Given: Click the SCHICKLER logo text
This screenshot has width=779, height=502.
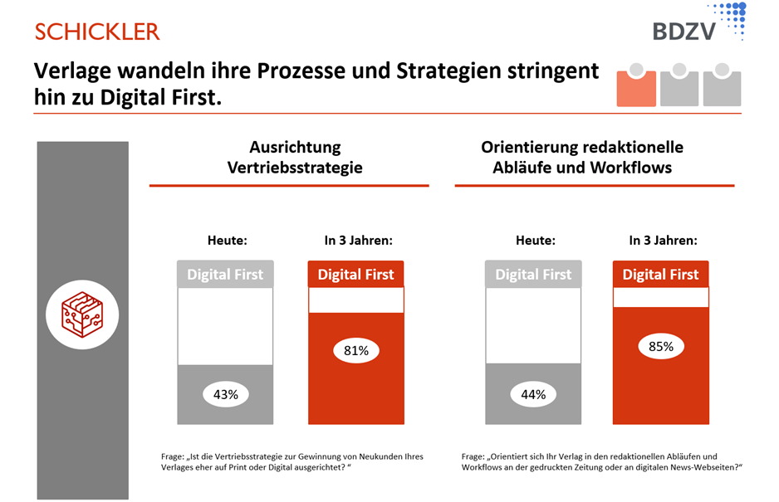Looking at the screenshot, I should (x=97, y=32).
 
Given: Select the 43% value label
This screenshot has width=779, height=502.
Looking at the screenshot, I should (x=226, y=394).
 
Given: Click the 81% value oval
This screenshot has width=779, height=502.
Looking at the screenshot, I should (x=356, y=350).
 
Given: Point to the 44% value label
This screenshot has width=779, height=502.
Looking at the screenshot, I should (x=534, y=394).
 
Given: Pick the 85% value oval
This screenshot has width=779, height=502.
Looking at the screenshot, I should (x=661, y=346).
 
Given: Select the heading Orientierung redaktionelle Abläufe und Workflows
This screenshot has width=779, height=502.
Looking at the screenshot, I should (x=582, y=157).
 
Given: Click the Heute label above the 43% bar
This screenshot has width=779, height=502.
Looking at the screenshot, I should (x=227, y=241).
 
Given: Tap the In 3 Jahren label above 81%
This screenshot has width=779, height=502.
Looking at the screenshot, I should (x=358, y=241).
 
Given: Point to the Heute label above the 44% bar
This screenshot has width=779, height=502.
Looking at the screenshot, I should (x=536, y=241).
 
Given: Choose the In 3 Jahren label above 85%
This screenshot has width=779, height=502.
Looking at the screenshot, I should (x=663, y=241).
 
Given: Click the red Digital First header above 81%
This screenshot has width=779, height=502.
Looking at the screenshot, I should (x=356, y=275).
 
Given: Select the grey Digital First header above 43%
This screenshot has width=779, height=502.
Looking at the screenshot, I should (x=225, y=275).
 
